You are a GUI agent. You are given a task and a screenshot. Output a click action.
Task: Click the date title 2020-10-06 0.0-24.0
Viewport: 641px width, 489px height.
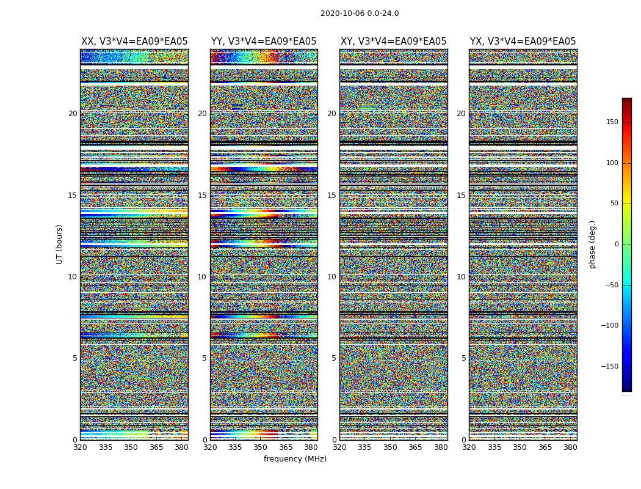360,13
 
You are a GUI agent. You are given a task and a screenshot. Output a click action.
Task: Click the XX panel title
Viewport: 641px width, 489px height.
134,42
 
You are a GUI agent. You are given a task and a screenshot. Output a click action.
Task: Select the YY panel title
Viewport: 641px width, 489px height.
264,42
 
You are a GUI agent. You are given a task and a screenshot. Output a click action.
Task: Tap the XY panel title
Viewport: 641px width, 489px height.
393,42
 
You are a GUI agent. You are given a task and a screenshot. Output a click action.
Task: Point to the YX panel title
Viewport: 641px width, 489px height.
523,42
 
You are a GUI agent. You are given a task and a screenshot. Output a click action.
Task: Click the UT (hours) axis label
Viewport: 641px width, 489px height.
60,244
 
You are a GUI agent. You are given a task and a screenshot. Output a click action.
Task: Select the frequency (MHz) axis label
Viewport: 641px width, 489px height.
295,459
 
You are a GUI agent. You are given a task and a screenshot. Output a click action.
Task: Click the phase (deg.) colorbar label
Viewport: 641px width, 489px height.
592,244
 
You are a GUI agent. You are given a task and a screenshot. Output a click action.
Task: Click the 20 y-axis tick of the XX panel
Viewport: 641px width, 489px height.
73,114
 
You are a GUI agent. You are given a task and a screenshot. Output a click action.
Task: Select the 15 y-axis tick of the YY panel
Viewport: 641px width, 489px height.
202,196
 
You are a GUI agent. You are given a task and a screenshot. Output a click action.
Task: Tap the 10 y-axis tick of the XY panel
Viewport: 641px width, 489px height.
331,277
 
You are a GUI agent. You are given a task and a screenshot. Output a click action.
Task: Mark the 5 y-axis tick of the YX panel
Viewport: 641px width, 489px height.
463,358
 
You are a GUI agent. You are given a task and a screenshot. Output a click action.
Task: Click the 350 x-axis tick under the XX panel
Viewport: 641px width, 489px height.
131,447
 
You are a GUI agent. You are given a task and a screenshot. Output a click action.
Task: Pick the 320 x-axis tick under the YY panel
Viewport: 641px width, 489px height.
210,447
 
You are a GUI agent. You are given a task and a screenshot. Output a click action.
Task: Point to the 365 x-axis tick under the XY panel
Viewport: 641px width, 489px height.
415,447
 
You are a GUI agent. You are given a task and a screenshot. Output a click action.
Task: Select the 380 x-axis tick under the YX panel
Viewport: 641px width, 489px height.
570,447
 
